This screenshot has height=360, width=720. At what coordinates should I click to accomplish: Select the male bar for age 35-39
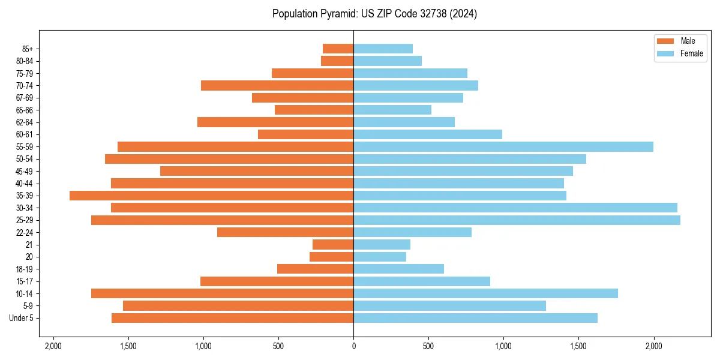211,196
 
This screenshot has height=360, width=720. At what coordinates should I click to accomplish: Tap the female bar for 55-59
503,146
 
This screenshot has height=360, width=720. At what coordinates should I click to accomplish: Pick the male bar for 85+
338,49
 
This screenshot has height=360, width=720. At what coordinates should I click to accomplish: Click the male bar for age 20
331,257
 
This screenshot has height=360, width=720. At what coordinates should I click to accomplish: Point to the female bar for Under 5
475,318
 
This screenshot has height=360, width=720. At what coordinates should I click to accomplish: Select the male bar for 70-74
277,85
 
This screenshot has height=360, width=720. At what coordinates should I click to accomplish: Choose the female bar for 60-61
427,134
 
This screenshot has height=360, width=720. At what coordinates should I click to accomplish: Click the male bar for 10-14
222,293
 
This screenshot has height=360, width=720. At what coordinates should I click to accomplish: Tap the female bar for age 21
382,244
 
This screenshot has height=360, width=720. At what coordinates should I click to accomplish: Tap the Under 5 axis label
22,318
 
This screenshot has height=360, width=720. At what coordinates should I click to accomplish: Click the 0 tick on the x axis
353,346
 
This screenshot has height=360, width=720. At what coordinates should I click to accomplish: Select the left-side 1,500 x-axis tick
128,346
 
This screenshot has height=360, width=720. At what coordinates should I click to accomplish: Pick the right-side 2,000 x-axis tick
653,346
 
